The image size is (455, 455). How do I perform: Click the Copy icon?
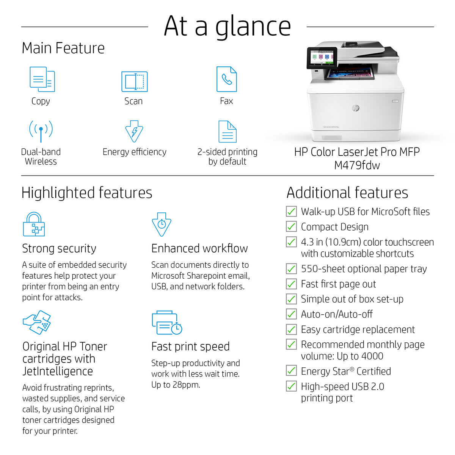pos(42,79)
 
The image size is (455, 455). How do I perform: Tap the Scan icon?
pos(134,81)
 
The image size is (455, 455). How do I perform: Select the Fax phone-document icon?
pos(226,79)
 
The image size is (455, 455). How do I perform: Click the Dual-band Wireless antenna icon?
pos(41,131)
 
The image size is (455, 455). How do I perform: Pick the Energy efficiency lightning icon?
pos(134,131)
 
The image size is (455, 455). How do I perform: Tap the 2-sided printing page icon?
pos(227,132)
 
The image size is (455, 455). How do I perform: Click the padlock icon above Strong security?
pos(34,224)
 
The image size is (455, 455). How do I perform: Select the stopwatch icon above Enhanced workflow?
pos(162,224)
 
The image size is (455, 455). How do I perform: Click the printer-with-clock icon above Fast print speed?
pos(167,323)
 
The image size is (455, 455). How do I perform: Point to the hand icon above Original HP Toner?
pos(37,322)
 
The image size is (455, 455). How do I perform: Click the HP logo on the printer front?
pos(356,108)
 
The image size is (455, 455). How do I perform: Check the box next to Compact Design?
pos(291,226)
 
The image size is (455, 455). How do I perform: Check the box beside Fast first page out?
pos(291,284)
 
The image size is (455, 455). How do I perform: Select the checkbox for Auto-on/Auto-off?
pos(291,314)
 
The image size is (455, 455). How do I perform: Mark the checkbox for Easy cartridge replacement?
pos(291,329)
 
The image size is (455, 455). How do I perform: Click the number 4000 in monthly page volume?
pos(373,356)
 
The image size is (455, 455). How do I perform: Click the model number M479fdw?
pos(357,165)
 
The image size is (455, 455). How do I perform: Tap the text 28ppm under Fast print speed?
pos(186,385)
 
